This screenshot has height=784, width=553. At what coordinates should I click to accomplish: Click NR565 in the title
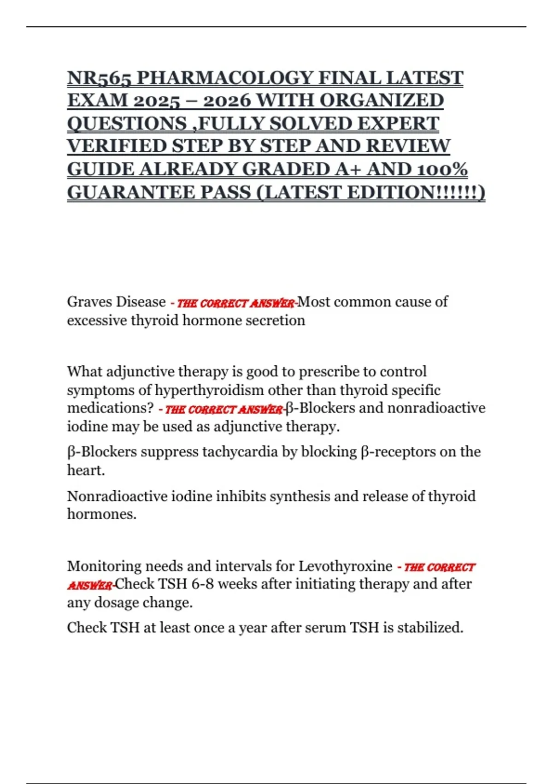tap(99, 78)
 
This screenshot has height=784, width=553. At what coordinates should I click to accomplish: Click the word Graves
tap(89, 302)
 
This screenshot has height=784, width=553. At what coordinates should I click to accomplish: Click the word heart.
tap(86, 470)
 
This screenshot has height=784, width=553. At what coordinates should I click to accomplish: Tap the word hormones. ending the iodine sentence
tap(102, 514)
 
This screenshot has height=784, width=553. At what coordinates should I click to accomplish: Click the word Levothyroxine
tap(345, 566)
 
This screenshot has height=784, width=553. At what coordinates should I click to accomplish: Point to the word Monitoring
tap(104, 566)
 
